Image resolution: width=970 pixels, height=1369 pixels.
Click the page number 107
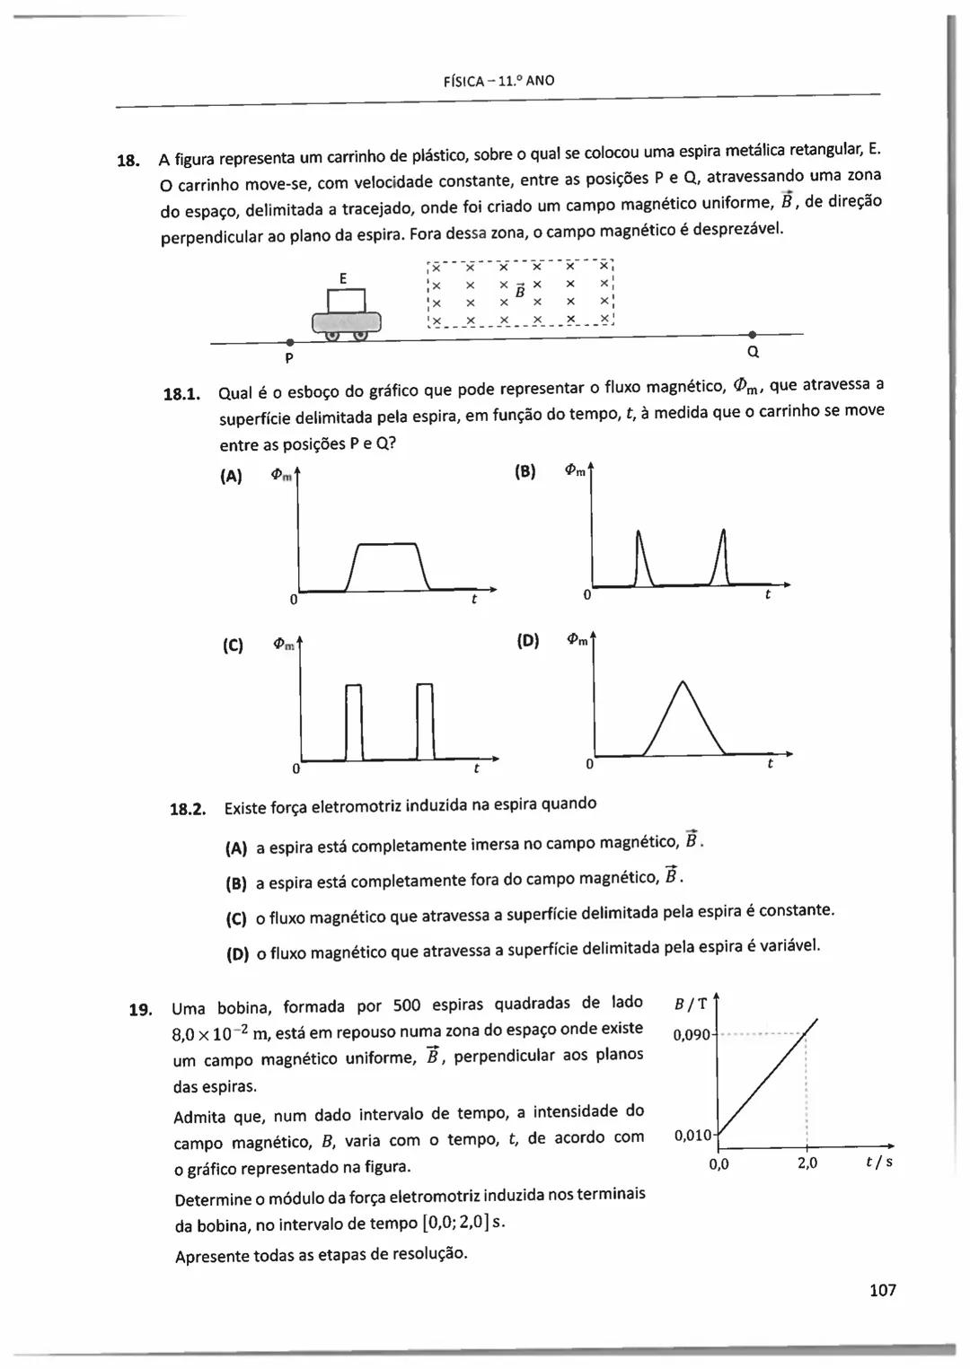click(x=882, y=1290)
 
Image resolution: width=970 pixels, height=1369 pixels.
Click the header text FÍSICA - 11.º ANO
click(x=499, y=81)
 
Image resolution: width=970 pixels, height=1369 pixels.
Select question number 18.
click(x=128, y=162)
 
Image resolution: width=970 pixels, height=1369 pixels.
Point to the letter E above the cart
click(x=343, y=278)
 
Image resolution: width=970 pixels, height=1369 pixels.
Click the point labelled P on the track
click(x=289, y=343)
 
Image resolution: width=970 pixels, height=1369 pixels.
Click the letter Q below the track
click(x=753, y=351)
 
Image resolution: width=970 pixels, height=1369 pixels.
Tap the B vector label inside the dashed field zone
click(x=519, y=289)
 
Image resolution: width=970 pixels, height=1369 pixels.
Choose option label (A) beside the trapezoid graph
click(x=231, y=477)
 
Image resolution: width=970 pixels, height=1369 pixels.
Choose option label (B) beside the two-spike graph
click(x=525, y=471)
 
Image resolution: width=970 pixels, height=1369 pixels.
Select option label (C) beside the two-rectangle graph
click(x=233, y=645)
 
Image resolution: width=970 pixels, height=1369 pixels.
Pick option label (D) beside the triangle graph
click(x=528, y=640)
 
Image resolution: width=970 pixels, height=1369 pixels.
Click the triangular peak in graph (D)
click(x=683, y=685)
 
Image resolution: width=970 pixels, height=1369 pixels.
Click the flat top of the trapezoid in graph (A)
click(x=388, y=544)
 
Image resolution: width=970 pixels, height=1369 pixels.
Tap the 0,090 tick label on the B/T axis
click(x=691, y=1035)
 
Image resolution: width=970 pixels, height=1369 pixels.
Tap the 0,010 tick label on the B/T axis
click(x=692, y=1137)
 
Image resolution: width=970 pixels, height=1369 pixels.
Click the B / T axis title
click(x=690, y=1003)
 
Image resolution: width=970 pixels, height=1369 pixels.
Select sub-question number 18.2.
click(x=188, y=809)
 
